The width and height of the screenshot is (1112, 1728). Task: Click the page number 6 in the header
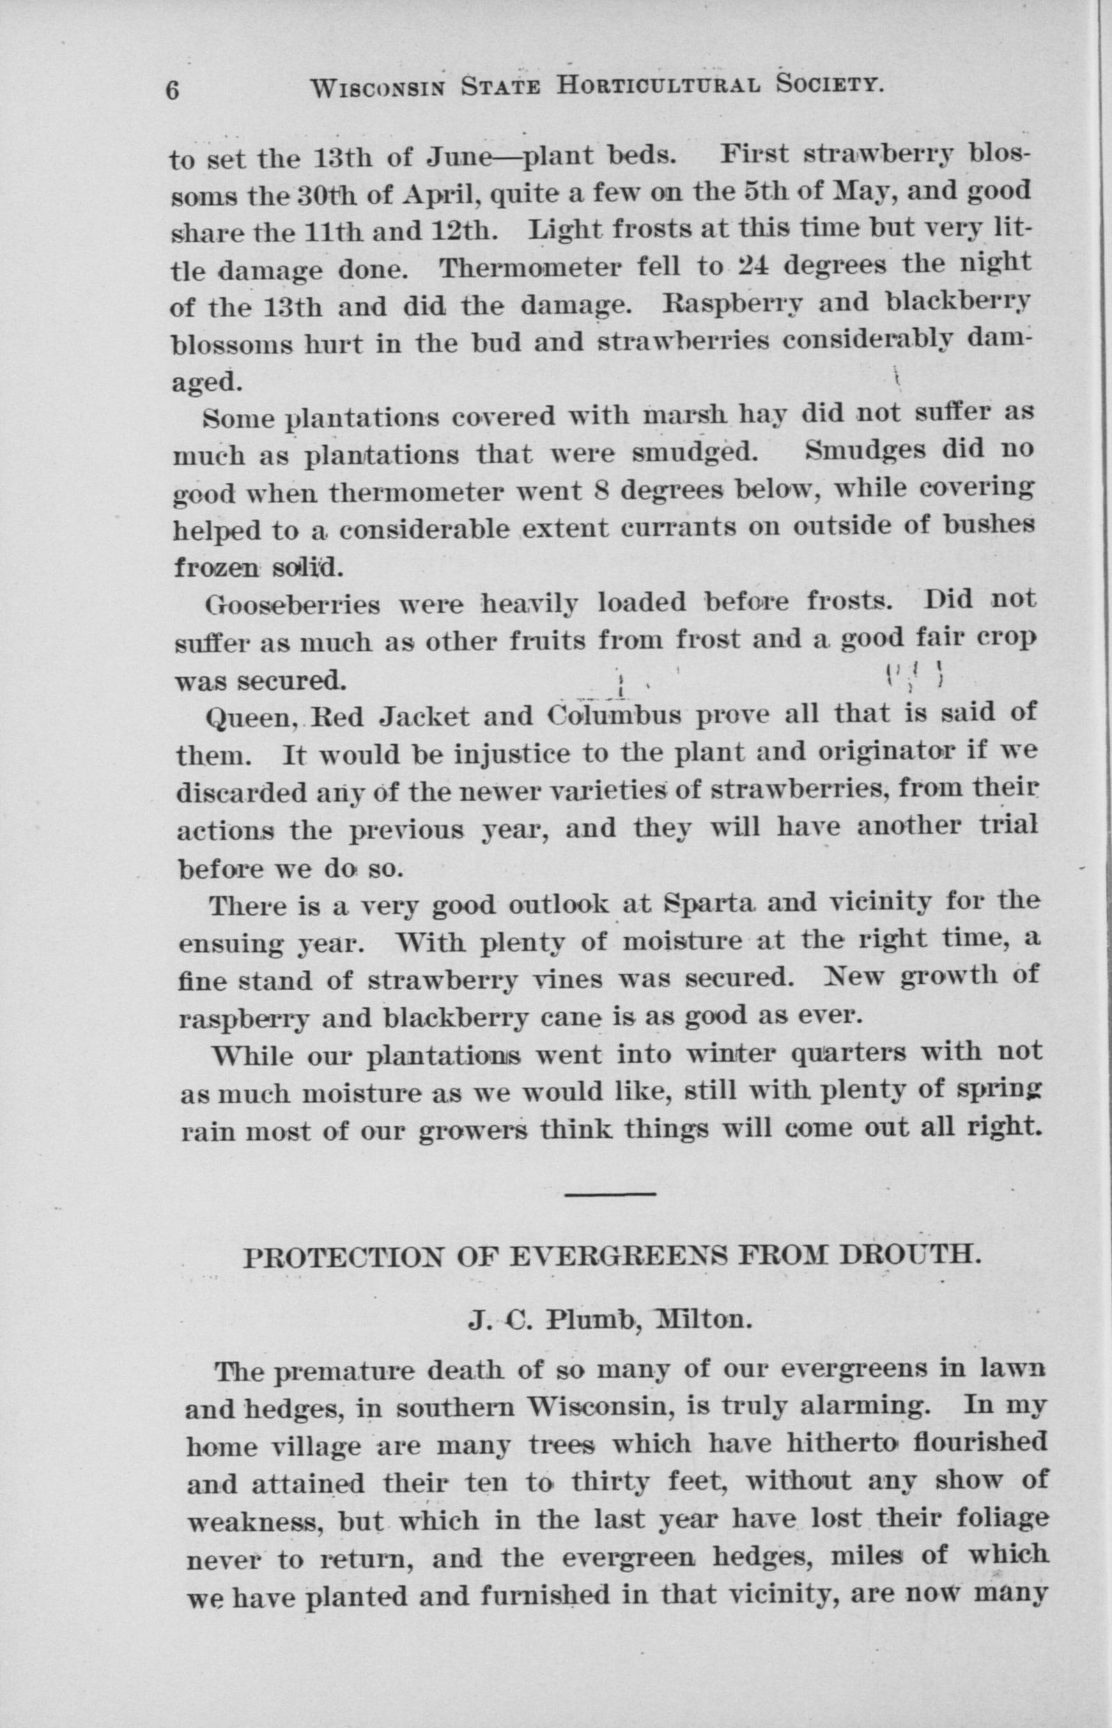click(x=173, y=91)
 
